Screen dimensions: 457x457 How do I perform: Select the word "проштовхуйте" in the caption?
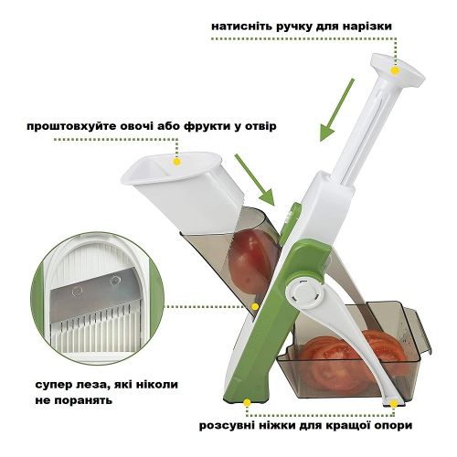click(x=71, y=126)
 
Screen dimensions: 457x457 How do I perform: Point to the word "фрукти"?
click(x=206, y=126)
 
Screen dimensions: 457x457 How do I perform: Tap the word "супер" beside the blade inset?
click(x=52, y=385)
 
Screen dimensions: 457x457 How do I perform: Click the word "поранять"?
click(x=82, y=400)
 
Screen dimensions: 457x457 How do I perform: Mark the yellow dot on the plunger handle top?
click(x=395, y=71)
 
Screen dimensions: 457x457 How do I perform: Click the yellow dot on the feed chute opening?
click(x=176, y=162)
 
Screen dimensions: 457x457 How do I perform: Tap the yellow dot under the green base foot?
click(x=247, y=403)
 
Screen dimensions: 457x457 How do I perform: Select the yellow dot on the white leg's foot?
click(x=394, y=404)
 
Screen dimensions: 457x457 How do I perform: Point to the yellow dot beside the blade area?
click(x=255, y=306)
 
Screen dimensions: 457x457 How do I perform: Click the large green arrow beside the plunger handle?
click(x=336, y=110)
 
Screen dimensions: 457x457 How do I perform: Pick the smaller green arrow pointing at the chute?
click(x=255, y=180)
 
